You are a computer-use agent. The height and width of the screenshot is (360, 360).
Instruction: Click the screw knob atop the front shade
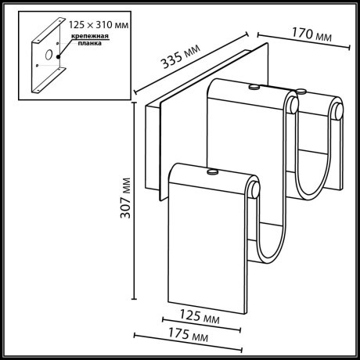click(211, 170)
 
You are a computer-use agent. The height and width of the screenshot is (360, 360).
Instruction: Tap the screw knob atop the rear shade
click(252, 87)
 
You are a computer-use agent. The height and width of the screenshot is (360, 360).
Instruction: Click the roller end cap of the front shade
click(256, 189)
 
